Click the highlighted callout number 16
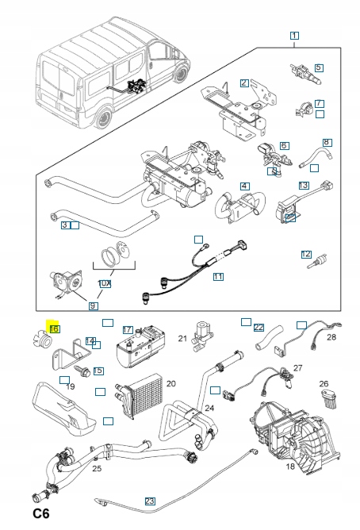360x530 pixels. (x=55, y=328)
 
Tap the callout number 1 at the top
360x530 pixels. (x=294, y=35)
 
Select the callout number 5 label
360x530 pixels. (x=319, y=67)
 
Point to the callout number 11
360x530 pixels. (x=218, y=276)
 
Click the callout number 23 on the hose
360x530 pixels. (x=150, y=501)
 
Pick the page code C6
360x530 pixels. (x=41, y=513)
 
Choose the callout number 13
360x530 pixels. (x=304, y=185)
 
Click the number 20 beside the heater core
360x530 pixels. (x=171, y=384)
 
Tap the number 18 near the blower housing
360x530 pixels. (x=290, y=467)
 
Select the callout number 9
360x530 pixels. (x=94, y=306)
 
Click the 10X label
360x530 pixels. (x=105, y=283)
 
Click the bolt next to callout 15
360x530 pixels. (x=82, y=371)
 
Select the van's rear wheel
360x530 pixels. (x=104, y=117)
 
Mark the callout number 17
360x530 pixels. (x=128, y=329)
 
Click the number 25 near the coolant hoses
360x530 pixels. (x=97, y=468)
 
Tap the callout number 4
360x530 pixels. (x=245, y=186)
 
